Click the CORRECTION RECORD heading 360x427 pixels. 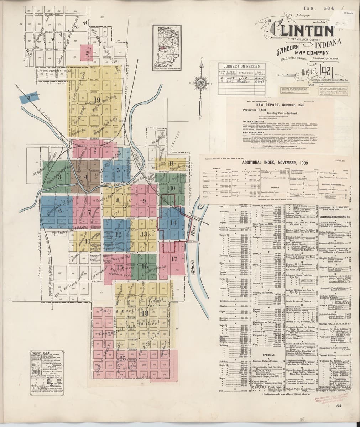pyautogui.click(x=239, y=67)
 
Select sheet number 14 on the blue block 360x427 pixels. pyautogui.click(x=173, y=223)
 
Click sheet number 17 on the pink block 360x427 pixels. pyautogui.click(x=174, y=259)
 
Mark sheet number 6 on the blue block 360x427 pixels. pyautogui.click(x=60, y=210)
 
